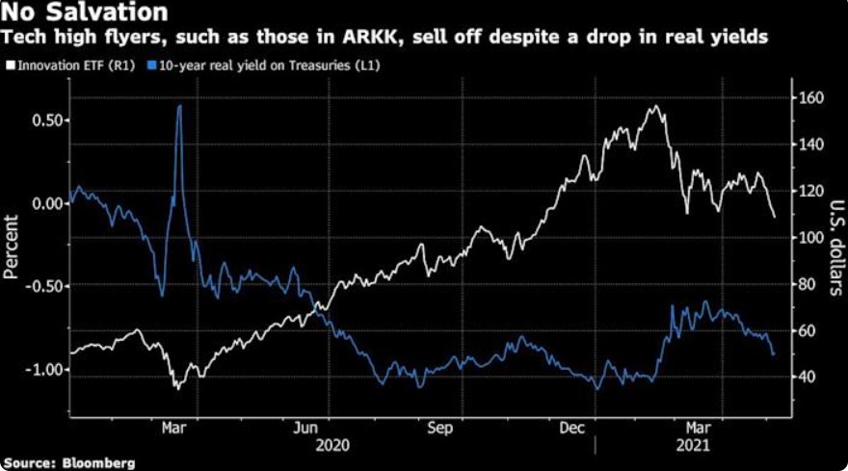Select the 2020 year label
pos(332,445)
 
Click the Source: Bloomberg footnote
pos(68,462)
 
